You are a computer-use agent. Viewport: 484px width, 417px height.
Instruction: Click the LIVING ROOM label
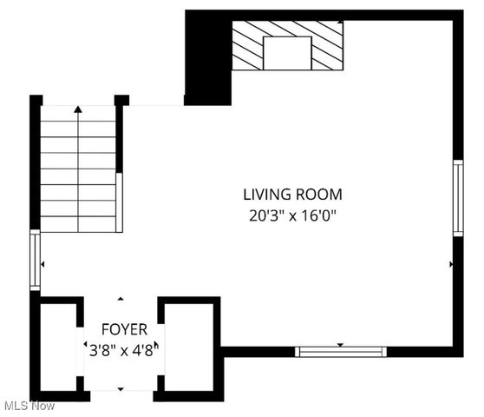point(292,195)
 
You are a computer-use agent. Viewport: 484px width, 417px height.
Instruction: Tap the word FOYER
point(124,329)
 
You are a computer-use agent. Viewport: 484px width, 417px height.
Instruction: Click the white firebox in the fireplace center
point(287,53)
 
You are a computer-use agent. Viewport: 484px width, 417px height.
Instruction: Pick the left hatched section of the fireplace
point(247,46)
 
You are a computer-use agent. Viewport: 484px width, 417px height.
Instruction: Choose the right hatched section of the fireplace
point(327,46)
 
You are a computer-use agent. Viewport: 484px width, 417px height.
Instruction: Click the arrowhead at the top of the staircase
point(78,109)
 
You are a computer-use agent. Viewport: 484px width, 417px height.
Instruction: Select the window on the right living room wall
point(458,197)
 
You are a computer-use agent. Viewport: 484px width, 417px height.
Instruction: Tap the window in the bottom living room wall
point(340,352)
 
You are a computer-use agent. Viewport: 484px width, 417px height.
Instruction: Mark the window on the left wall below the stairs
point(35,260)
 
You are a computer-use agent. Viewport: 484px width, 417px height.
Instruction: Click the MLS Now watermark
point(29,406)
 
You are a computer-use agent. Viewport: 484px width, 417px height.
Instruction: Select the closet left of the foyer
point(59,347)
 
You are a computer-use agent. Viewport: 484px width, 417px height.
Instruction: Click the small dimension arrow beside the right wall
point(450,263)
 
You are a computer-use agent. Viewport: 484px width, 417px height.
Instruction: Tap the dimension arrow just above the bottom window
point(340,345)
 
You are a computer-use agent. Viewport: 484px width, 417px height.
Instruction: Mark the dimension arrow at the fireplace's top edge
point(340,22)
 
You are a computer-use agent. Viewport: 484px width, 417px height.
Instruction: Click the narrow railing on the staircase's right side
point(119,202)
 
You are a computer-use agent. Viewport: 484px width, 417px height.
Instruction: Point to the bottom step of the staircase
point(78,224)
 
